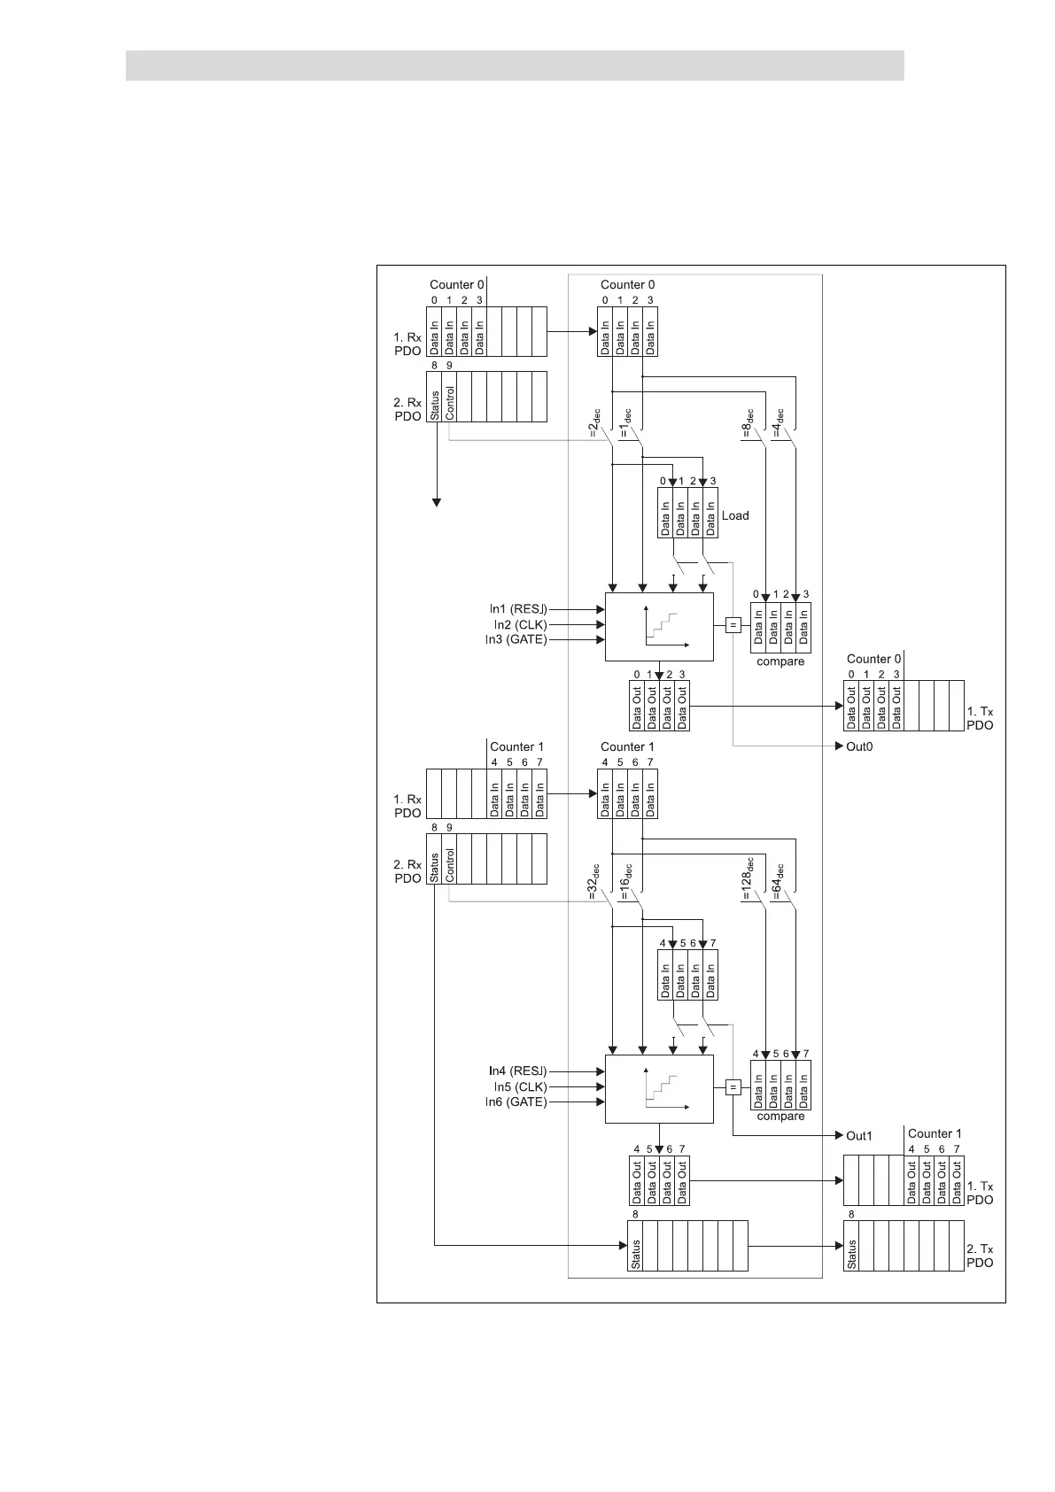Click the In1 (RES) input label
tap(517, 609)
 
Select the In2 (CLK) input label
tap(520, 624)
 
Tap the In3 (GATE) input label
tap(516, 639)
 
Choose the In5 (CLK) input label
tap(520, 1086)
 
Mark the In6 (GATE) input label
tap(516, 1102)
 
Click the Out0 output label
tap(859, 746)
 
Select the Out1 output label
tap(859, 1135)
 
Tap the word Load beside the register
tap(735, 515)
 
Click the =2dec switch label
tap(594, 422)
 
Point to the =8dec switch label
tap(748, 422)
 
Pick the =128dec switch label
tap(746, 878)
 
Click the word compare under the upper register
tap(780, 661)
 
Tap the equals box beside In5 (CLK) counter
tap(733, 1087)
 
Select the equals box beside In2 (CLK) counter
tap(733, 625)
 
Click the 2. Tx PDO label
tap(980, 1256)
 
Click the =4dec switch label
tap(778, 422)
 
